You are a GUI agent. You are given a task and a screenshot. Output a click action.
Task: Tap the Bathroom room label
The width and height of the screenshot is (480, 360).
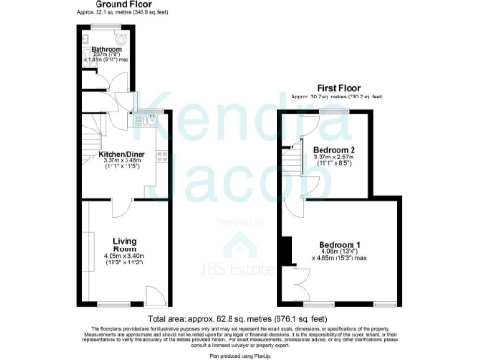[x=107, y=49]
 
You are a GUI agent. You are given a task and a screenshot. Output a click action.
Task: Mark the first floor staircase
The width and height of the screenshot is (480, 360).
[x=296, y=165]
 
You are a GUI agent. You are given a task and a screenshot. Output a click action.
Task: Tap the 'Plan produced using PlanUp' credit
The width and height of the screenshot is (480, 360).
[x=240, y=353]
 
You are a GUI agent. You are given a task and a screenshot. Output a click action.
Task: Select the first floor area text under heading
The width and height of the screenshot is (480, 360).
[x=337, y=97]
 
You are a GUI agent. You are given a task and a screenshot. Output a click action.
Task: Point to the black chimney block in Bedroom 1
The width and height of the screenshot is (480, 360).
[x=284, y=250]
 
